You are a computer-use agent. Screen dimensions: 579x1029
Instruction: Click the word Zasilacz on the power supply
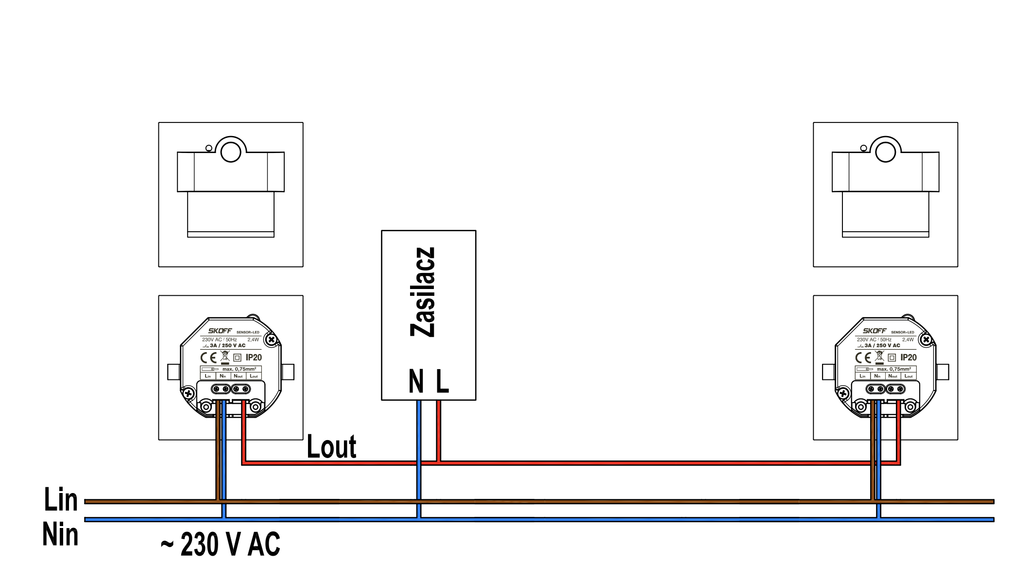(423, 292)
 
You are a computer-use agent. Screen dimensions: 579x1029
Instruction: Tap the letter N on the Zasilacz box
(416, 381)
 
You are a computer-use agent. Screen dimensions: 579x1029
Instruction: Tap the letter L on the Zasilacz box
(442, 381)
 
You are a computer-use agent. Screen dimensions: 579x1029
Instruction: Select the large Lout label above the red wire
(331, 447)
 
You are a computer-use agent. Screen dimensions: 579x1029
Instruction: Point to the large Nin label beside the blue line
(60, 534)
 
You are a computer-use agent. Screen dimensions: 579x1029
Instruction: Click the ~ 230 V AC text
(221, 544)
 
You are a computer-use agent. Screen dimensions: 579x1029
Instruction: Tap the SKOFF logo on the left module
(220, 331)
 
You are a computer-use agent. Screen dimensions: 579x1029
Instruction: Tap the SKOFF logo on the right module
(875, 331)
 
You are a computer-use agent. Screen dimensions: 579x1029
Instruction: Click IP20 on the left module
(254, 358)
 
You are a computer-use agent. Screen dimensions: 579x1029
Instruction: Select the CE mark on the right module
(863, 358)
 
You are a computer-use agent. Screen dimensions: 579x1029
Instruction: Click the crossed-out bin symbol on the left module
(224, 357)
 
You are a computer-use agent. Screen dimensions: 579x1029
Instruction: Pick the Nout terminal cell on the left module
(238, 376)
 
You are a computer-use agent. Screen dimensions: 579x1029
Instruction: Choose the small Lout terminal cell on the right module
(908, 376)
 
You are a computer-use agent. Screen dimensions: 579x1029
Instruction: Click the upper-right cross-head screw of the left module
(272, 340)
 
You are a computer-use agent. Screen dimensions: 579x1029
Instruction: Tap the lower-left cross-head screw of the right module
(843, 393)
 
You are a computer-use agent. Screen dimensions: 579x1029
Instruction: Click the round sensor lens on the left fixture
(231, 152)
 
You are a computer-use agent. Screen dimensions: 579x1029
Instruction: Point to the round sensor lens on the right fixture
(885, 152)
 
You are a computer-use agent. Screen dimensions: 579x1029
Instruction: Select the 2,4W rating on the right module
(908, 340)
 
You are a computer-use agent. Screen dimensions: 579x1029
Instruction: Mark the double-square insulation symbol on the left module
(238, 358)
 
